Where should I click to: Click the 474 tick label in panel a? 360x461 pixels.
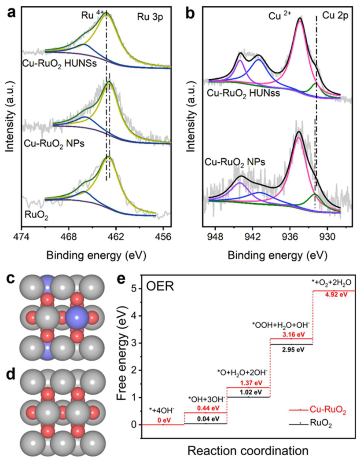coord(22,237)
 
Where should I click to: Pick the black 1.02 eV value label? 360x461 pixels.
coord(249,392)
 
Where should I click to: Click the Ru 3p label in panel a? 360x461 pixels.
coord(150,17)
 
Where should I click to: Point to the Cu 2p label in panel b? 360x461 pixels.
coord(335,15)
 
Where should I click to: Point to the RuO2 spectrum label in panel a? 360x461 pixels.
coord(37,216)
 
